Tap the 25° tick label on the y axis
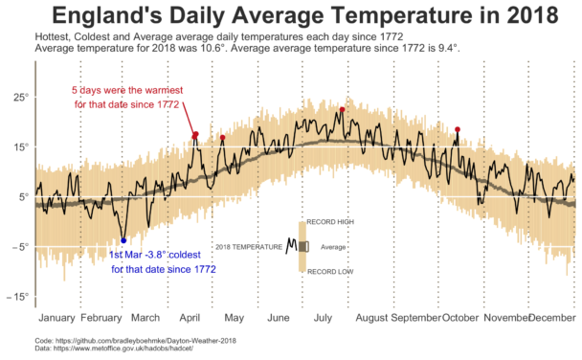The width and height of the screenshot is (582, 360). (20, 98)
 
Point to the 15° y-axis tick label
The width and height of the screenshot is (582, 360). (20, 147)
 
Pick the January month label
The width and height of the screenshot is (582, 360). (57, 317)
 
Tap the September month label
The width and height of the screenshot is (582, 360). (414, 317)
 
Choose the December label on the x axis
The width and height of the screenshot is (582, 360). (552, 317)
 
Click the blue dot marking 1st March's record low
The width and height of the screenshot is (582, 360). (123, 240)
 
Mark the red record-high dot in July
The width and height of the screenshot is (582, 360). (342, 110)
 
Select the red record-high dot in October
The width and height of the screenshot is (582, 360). (458, 130)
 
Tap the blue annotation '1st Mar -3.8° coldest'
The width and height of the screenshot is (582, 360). (162, 256)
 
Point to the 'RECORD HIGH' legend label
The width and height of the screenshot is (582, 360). (330, 221)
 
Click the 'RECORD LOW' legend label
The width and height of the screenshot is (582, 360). (329, 272)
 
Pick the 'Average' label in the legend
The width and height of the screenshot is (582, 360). (333, 247)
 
